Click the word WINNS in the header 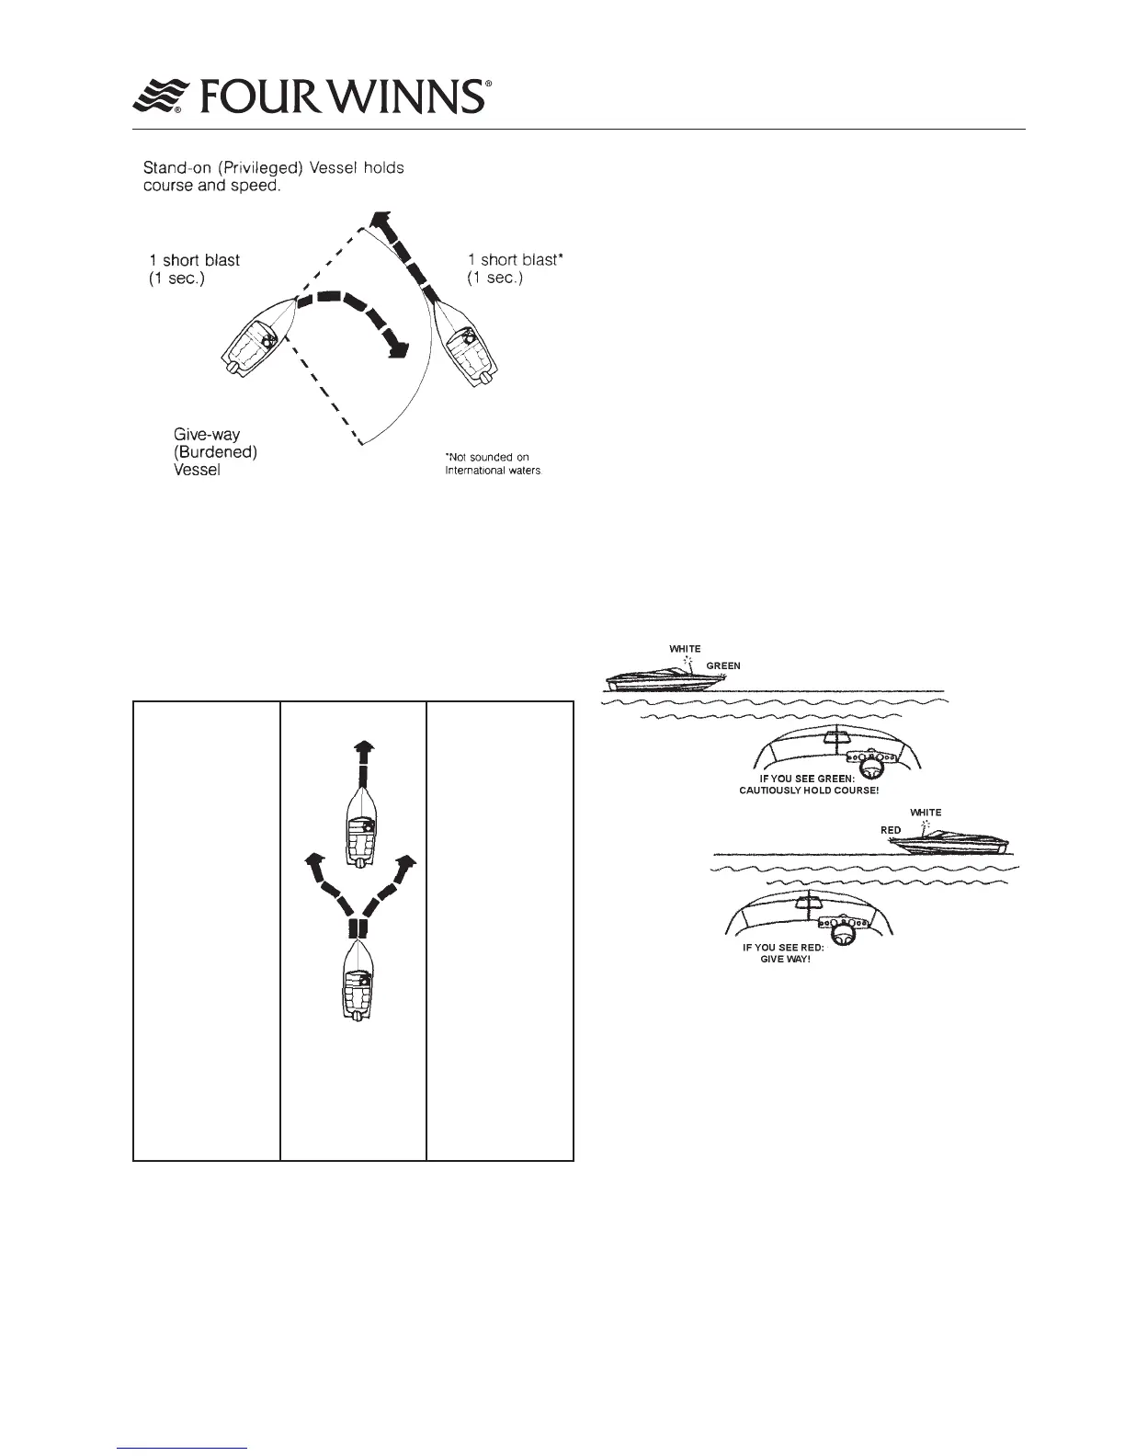(x=403, y=96)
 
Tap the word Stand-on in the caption (x=179, y=169)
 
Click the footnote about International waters (x=493, y=464)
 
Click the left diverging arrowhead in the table (x=314, y=861)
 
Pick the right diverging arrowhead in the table (x=407, y=861)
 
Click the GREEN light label (x=723, y=665)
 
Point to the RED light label (x=891, y=830)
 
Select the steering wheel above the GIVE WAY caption (x=839, y=937)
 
